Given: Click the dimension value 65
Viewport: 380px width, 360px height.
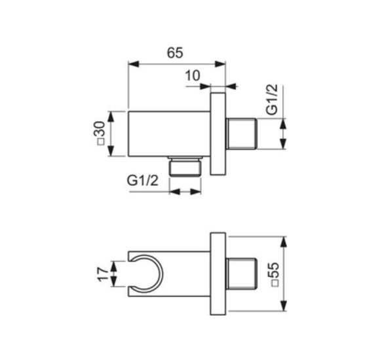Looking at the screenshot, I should [x=175, y=53].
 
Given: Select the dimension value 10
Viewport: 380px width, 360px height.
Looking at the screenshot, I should [x=193, y=75].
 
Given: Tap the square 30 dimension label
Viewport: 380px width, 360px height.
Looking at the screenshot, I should [x=100, y=134].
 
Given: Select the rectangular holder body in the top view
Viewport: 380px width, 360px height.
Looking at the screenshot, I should [x=169, y=134].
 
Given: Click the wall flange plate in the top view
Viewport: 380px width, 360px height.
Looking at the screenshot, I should [x=218, y=134].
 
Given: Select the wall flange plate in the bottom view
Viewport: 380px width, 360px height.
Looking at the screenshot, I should [x=218, y=274].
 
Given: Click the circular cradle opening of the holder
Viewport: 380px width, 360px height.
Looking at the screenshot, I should [x=147, y=274].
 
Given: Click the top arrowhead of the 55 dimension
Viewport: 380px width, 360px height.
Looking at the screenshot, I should [x=283, y=237].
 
